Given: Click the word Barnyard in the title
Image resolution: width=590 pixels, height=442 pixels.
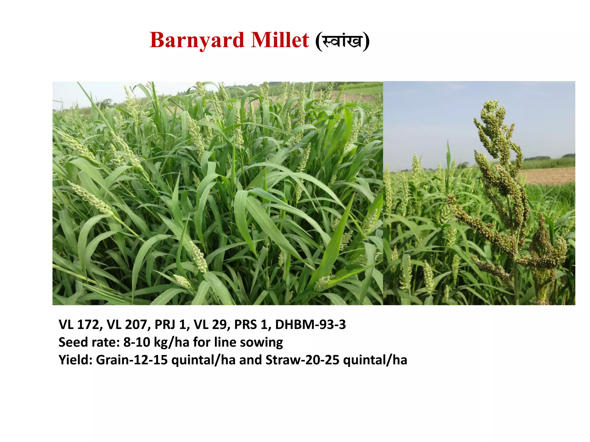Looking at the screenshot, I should (x=197, y=40).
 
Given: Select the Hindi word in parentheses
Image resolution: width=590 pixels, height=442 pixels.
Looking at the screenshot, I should (x=342, y=41).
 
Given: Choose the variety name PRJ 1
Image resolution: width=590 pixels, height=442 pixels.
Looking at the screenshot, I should (x=170, y=325).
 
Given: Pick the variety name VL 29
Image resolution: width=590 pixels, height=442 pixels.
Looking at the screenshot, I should (x=210, y=325).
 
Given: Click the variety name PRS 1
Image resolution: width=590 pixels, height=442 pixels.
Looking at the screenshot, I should (x=251, y=325).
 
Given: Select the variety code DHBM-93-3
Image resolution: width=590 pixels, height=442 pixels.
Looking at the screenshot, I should (x=310, y=325).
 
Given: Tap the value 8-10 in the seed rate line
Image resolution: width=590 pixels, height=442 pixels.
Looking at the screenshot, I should (x=137, y=342).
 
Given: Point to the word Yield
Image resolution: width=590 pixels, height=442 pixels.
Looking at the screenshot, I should (x=75, y=360).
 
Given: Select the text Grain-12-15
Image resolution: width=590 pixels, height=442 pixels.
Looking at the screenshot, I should (x=132, y=360).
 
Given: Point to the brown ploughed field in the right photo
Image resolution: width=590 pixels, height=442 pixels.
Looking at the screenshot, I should (x=550, y=176).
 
